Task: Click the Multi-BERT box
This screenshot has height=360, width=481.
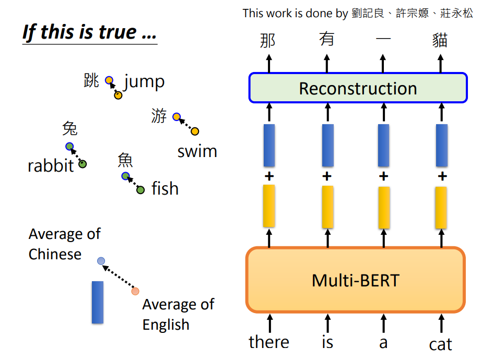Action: point(355,280)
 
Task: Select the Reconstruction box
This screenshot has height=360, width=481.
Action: point(358,88)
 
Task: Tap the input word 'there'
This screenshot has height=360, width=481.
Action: point(269,342)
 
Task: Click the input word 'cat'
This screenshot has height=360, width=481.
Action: point(440,344)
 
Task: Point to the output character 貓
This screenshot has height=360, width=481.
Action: point(440,40)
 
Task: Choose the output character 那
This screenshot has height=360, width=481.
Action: point(268,40)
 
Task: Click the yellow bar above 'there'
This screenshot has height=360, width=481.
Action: point(269,206)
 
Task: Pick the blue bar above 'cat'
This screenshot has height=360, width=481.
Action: point(442,145)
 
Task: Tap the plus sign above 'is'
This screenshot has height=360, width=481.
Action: point(327,176)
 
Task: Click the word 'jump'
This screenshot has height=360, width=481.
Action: point(144,81)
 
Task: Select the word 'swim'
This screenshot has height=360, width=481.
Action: point(197,151)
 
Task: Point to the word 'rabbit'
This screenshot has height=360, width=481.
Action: point(51,166)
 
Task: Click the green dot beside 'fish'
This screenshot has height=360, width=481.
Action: point(140,190)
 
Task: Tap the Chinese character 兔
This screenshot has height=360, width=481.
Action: point(69,128)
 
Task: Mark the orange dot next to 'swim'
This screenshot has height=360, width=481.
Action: point(195,131)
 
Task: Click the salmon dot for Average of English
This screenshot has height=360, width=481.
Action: point(136,291)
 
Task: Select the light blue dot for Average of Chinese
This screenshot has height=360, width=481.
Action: point(101,261)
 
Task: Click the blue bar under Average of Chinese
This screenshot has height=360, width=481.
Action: point(98,302)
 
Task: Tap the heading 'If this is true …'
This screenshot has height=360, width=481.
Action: point(89,32)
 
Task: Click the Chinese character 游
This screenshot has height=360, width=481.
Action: point(159,116)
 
